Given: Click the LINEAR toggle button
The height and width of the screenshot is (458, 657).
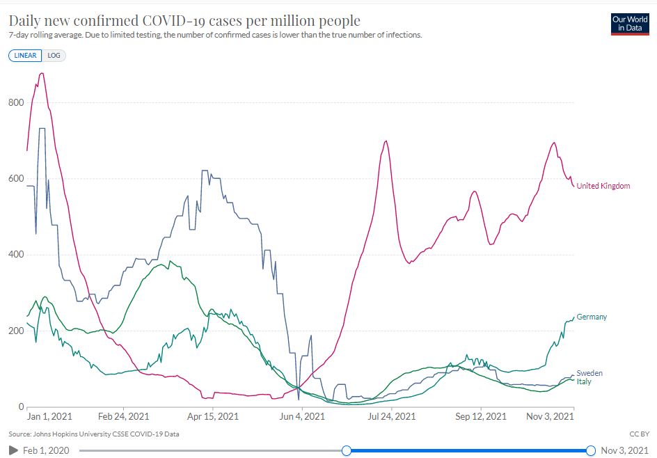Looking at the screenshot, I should pyautogui.click(x=26, y=56).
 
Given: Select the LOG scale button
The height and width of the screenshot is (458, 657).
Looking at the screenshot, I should pyautogui.click(x=54, y=56).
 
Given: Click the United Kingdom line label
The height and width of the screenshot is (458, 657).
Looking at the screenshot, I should pyautogui.click(x=603, y=186).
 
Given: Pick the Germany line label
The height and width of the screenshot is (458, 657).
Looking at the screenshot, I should pyautogui.click(x=592, y=317).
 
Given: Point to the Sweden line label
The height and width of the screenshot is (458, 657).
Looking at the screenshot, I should pyautogui.click(x=589, y=373).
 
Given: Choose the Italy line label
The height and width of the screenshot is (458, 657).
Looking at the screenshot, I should pyautogui.click(x=584, y=381).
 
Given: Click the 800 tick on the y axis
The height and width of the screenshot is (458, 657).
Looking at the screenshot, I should pyautogui.click(x=16, y=103).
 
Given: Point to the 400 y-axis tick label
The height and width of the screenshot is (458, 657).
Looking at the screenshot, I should pyautogui.click(x=16, y=255).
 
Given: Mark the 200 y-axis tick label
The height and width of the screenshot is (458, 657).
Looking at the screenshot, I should pyautogui.click(x=16, y=331).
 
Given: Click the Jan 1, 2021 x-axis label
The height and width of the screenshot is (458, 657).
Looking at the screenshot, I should pyautogui.click(x=49, y=417).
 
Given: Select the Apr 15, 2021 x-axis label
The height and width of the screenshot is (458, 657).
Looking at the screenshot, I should pyautogui.click(x=214, y=417).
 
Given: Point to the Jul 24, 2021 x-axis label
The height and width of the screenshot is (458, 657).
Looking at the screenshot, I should pyautogui.click(x=391, y=417).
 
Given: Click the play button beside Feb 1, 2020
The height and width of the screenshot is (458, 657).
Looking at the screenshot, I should pyautogui.click(x=13, y=451).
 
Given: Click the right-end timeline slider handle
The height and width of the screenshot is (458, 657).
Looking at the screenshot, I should pyautogui.click(x=591, y=450).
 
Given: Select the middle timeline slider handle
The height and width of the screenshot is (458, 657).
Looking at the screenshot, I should pyautogui.click(x=346, y=450).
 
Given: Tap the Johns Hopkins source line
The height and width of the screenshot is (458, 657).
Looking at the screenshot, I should pyautogui.click(x=94, y=434).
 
